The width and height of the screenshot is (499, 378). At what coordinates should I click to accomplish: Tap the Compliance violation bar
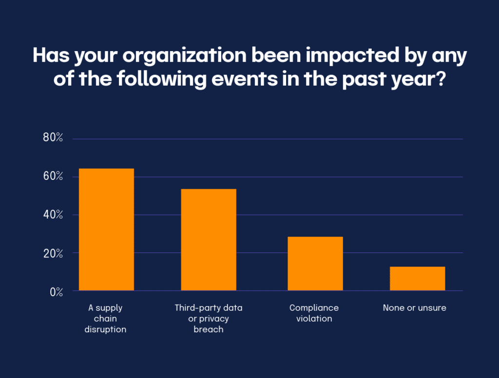[x=315, y=264]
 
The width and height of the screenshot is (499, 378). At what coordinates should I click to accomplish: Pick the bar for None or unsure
[x=417, y=279]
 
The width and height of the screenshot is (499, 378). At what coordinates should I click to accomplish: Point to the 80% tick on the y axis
[x=53, y=138]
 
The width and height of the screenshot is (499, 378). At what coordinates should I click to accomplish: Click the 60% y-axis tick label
[x=53, y=177]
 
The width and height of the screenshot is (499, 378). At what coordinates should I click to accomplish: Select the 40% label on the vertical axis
[x=53, y=215]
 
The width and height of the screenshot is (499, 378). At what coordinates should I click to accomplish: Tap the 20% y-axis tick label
[x=53, y=253]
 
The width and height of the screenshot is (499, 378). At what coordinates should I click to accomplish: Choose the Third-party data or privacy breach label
[x=209, y=319]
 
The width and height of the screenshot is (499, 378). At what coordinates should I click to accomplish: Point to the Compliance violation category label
[x=314, y=313]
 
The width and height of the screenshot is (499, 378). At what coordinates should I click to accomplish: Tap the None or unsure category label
[x=414, y=308]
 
